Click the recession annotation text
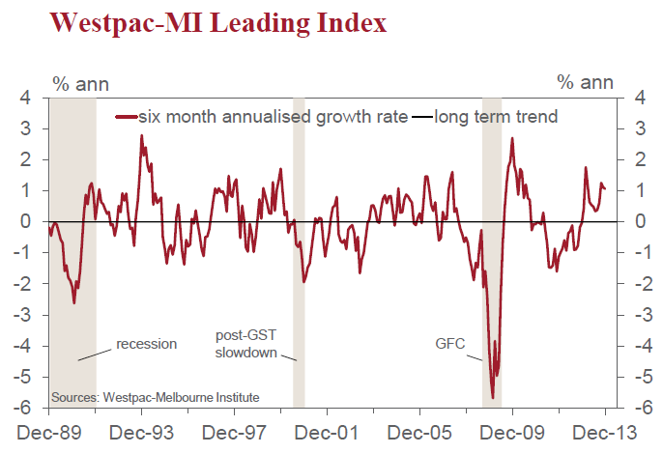click(x=147, y=344)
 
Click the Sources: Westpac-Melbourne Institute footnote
click(x=156, y=397)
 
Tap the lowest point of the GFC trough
click(x=493, y=397)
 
